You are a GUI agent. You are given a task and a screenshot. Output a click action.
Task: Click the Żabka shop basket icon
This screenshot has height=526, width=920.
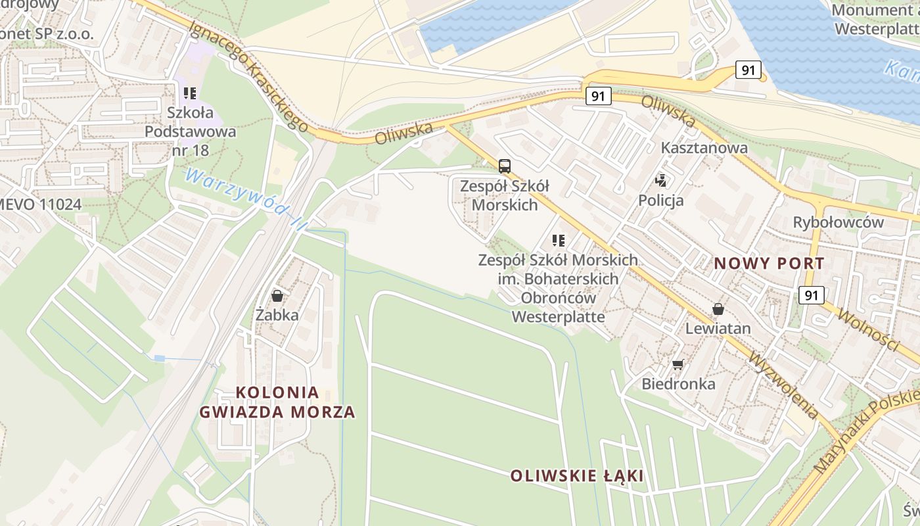point(277,296)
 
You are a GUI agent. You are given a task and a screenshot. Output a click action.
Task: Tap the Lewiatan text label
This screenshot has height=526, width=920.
point(718,327)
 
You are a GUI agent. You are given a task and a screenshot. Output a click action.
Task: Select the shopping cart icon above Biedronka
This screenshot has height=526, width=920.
point(678,364)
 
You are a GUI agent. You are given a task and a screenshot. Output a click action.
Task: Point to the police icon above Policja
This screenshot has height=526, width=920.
point(661,180)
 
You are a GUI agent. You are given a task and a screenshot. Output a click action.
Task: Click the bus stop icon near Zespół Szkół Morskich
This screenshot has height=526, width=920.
point(504,166)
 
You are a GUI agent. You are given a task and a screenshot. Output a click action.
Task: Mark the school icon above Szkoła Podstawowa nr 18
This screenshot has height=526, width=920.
point(191,93)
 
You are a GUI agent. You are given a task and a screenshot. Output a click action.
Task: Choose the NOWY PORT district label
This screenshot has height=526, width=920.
point(769,264)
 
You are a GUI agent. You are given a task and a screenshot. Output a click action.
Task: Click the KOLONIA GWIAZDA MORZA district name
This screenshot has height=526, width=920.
point(277,402)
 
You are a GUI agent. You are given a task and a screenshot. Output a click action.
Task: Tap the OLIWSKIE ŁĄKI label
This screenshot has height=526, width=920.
point(577,475)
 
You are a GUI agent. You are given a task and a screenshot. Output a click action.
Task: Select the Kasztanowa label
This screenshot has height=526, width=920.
point(704,147)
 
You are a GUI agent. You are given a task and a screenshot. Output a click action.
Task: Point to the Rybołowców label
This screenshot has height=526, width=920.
point(839,222)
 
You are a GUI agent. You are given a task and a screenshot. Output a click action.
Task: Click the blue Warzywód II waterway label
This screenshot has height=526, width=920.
point(246,198)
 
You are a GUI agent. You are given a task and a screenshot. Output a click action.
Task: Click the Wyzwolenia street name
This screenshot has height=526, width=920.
point(784,385)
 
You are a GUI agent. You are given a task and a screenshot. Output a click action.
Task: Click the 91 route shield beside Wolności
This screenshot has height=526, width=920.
point(812,295)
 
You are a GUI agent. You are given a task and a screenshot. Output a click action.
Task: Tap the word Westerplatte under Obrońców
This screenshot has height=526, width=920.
point(558,317)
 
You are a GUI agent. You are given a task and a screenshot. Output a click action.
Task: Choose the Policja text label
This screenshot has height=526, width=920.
point(661,201)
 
